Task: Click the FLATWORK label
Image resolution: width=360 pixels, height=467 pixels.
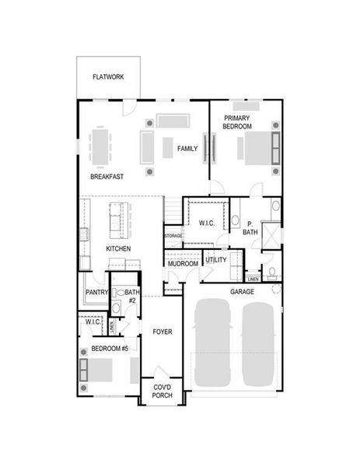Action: click(x=109, y=77)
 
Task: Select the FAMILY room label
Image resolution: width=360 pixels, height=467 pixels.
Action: click(x=187, y=148)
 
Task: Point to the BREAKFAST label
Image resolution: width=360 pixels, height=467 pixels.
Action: click(x=107, y=177)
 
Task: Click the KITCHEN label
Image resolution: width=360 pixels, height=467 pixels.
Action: click(x=118, y=249)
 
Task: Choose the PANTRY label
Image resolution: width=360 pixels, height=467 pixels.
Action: click(x=96, y=293)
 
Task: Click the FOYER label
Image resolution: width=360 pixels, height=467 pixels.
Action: click(x=162, y=332)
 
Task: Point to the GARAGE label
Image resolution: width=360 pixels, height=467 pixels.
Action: click(x=242, y=292)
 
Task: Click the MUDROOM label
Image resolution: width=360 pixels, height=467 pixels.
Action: click(x=183, y=264)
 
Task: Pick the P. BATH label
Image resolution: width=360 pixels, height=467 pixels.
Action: click(x=250, y=227)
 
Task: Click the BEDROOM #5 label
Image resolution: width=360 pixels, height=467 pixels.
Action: click(x=110, y=349)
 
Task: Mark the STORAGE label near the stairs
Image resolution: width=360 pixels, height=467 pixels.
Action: click(x=173, y=235)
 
